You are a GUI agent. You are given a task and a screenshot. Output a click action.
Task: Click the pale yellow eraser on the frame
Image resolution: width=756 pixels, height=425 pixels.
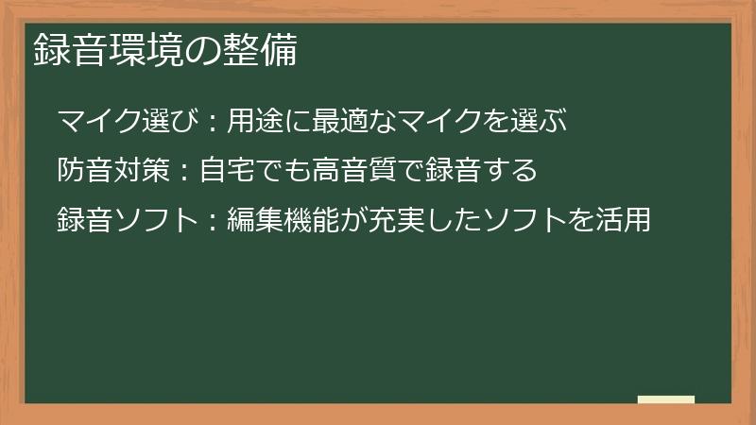click(x=666, y=399)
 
